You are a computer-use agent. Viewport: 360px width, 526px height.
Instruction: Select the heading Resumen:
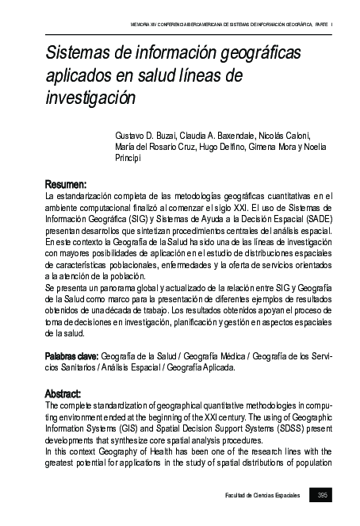point(65,183)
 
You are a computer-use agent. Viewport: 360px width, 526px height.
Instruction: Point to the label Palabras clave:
point(71,357)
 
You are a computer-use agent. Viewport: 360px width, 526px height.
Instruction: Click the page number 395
point(322,496)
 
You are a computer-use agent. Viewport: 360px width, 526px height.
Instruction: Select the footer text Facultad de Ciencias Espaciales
point(261,496)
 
